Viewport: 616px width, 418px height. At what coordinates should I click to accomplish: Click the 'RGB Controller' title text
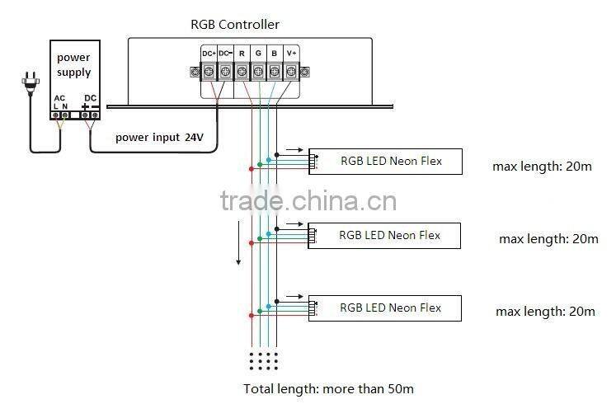click(235, 25)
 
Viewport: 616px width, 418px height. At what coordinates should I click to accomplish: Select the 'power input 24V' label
click(159, 137)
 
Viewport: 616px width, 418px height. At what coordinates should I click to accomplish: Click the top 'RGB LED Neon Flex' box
click(391, 162)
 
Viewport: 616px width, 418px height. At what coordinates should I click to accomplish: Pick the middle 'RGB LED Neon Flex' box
click(390, 236)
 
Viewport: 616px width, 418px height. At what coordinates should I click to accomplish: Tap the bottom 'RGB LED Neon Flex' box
click(390, 308)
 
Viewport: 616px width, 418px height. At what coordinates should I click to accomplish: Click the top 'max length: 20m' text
click(542, 166)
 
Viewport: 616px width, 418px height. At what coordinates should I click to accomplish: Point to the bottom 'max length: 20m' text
click(545, 311)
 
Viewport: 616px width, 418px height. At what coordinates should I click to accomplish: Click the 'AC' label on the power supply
click(59, 98)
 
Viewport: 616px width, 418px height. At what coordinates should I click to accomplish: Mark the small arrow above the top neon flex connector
click(293, 151)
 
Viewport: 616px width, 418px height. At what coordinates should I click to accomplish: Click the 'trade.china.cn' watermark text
click(308, 201)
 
